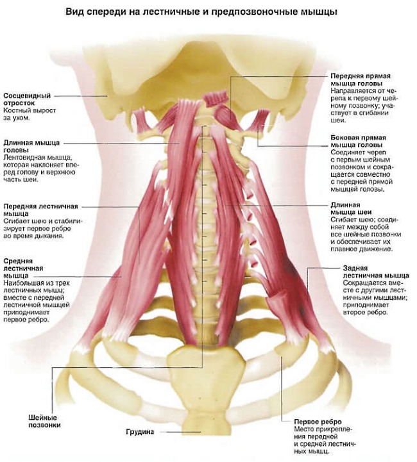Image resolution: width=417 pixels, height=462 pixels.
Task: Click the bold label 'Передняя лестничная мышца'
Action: pos(40,210)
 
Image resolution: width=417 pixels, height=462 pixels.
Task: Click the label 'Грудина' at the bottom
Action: pos(140,432)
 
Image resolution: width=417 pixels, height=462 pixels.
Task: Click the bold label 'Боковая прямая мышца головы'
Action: pos(356,142)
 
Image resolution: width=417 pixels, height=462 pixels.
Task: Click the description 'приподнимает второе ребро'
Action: pos(363,309)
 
